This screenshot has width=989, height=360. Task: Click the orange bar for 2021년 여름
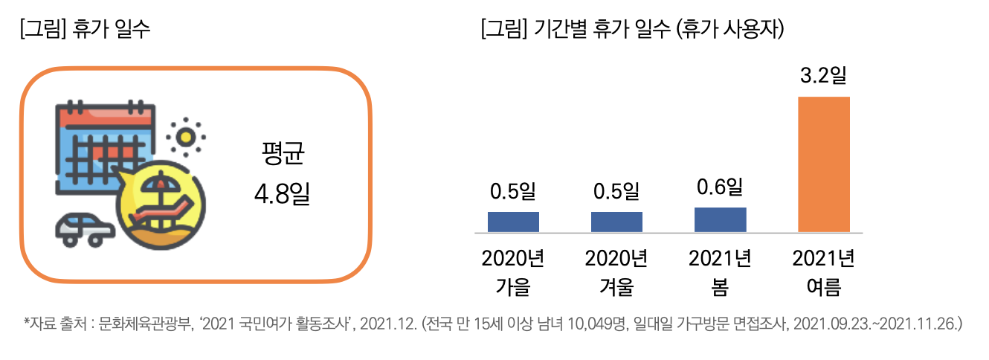823,164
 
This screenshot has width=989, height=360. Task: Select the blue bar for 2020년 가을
513,222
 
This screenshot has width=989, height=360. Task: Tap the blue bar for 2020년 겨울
616,222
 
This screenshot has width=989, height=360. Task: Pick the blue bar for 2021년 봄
720,219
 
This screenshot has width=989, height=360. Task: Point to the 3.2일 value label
823,76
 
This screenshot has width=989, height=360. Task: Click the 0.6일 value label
720,186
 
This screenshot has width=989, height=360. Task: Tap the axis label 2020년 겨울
616,272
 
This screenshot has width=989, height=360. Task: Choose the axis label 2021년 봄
720,272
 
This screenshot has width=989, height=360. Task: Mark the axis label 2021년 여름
823,272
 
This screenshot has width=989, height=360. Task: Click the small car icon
84,228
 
